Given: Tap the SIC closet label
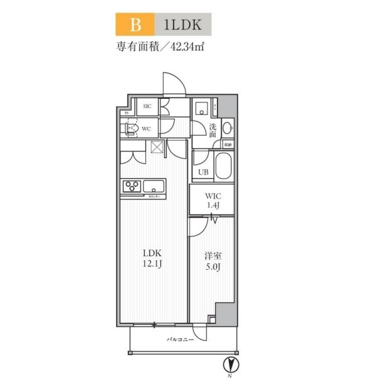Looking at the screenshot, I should tap(147, 106).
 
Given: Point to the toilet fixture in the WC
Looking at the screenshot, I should tap(131, 128).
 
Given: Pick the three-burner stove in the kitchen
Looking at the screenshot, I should tap(133, 186).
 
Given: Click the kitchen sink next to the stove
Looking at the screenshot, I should tap(153, 186).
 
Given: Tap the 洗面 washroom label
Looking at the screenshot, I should tap(213, 130).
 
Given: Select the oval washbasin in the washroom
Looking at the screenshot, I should tap(226, 128).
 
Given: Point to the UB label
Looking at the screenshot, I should tap(203, 172).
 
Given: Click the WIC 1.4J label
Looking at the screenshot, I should tap(212, 201).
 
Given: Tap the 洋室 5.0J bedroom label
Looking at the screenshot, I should tap(211, 260).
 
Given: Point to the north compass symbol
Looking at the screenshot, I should tap(230, 364).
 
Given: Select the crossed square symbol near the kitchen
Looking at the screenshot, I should tap(156, 148).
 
